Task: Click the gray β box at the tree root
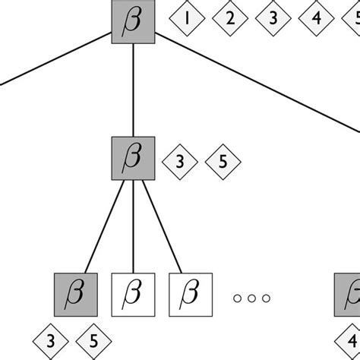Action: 134,22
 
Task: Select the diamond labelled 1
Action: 185,20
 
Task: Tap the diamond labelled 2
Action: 229,20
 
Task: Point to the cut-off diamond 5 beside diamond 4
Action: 355,20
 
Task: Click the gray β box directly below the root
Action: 134,159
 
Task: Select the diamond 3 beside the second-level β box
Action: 180,161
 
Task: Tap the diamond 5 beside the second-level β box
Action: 223,161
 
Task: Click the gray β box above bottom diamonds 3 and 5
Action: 76,294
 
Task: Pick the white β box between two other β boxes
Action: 134,294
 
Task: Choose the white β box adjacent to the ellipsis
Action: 190,294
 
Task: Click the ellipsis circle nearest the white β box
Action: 237,298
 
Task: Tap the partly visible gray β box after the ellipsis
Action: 349,294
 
